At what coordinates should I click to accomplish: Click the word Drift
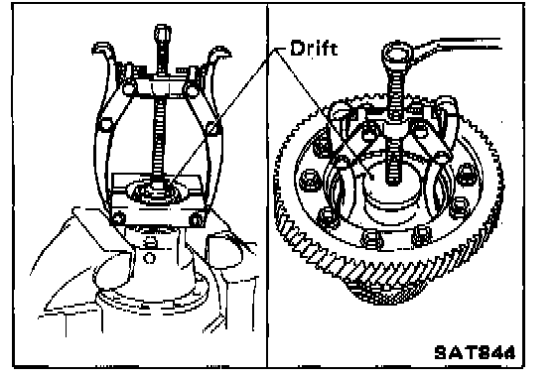(314, 49)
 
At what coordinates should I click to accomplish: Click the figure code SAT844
(476, 352)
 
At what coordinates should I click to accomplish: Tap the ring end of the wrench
(397, 55)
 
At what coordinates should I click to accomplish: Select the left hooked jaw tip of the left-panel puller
(103, 49)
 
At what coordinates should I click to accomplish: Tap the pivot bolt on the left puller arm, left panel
(105, 124)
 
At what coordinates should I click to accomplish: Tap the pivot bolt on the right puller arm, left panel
(213, 128)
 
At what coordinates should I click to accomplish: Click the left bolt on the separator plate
(119, 217)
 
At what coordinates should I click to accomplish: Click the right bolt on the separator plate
(197, 219)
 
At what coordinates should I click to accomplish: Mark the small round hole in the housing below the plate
(149, 258)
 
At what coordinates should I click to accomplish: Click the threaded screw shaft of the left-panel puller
(159, 138)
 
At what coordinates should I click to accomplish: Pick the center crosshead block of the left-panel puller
(160, 86)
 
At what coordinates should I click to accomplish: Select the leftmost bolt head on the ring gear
(309, 180)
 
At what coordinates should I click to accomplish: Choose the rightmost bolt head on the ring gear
(466, 173)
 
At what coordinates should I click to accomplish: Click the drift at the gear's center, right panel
(385, 185)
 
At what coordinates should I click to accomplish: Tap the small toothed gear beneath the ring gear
(385, 293)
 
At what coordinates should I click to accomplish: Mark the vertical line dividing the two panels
(267, 186)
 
